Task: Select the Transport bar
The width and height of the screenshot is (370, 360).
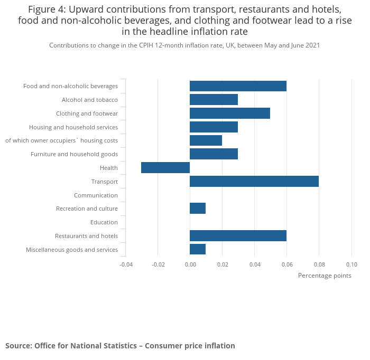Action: (254, 182)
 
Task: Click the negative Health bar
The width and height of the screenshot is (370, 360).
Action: (165, 168)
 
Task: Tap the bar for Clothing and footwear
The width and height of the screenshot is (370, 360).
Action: (229, 113)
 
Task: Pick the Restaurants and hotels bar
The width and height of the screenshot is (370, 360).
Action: (238, 236)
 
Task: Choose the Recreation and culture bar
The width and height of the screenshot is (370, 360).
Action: (198, 209)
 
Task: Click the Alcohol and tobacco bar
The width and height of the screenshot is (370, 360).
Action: (214, 99)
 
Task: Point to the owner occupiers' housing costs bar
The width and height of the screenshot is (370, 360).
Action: (206, 140)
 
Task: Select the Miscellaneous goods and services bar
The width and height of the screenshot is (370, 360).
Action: (198, 249)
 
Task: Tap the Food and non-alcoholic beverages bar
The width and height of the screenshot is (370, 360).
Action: (238, 86)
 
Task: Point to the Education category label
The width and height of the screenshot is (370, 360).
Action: (104, 222)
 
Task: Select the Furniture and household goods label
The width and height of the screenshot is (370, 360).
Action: (74, 154)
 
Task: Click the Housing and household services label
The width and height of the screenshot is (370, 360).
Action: (73, 127)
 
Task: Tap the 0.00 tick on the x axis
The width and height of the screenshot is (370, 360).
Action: (190, 264)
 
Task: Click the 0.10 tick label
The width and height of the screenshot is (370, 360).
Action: (351, 264)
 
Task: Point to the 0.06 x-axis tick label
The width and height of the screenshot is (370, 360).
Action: (287, 264)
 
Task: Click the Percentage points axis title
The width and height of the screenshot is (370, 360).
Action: (324, 276)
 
